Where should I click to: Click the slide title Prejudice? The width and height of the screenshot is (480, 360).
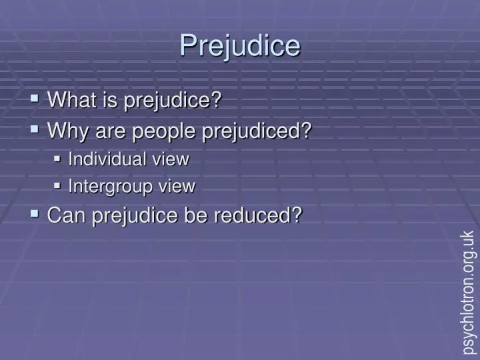point(240,45)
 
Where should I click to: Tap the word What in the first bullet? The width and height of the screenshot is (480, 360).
point(71,101)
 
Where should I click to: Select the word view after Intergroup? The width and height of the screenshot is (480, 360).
point(177,187)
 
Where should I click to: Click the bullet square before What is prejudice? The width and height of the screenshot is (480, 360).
point(35,100)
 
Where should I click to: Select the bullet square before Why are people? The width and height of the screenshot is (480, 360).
point(35,129)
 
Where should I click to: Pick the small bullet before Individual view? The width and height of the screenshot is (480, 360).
point(57,159)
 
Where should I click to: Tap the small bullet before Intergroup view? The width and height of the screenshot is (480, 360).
point(57,187)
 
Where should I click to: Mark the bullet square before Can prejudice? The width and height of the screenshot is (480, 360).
point(35,214)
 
